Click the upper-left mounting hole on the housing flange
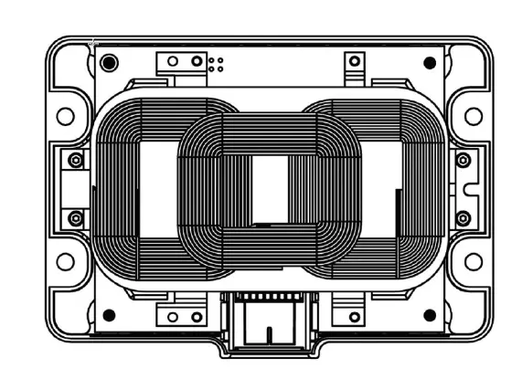coord(65,116)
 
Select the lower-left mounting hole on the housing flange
coord(65,261)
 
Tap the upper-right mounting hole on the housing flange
coord(473,116)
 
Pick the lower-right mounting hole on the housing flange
coord(473,261)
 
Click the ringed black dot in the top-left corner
coord(110,63)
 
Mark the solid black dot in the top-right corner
coord(430,63)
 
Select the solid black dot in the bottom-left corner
coord(110,315)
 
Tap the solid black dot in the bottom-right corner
coord(430,315)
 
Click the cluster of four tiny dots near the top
coord(217,63)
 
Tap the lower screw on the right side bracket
coord(463,217)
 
